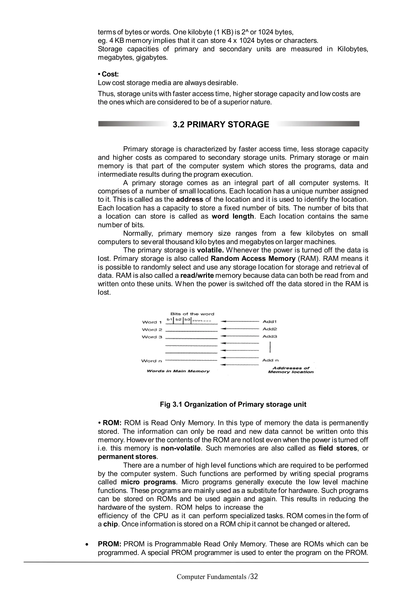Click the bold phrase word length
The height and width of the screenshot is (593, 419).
(x=233, y=216)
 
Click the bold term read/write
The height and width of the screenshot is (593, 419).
(x=197, y=276)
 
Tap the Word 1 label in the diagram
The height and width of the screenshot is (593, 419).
(x=152, y=322)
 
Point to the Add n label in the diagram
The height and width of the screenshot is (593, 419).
(x=270, y=360)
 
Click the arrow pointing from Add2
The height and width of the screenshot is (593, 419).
(x=240, y=329)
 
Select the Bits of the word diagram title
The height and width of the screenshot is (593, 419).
(x=192, y=314)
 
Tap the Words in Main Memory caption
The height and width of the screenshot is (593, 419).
(x=178, y=371)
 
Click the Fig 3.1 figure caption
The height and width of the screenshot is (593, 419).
(x=233, y=405)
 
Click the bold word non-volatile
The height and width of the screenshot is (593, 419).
(x=180, y=448)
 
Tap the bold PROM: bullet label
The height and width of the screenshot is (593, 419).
(x=110, y=544)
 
